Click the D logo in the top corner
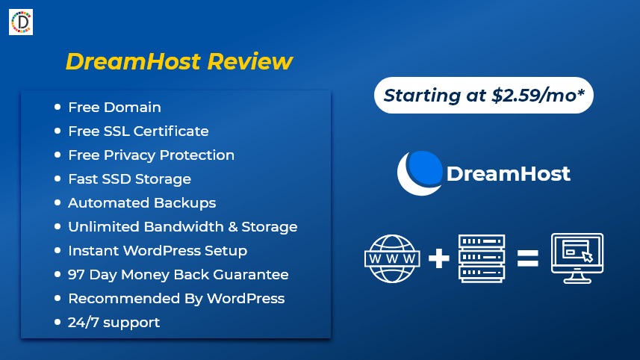[21, 22]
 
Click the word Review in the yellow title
[249, 62]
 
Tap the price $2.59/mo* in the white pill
[538, 96]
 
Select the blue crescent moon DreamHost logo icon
[420, 173]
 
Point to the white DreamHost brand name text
[508, 174]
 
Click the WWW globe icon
[392, 258]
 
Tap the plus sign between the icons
[439, 258]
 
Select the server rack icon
[482, 258]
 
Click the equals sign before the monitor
[528, 258]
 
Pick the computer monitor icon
[577, 258]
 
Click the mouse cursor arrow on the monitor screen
[587, 257]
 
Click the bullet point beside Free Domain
[58, 107]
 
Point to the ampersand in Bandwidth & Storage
[233, 226]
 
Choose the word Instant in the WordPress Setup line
[94, 251]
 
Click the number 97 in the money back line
[76, 274]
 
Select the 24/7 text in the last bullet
[83, 323]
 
